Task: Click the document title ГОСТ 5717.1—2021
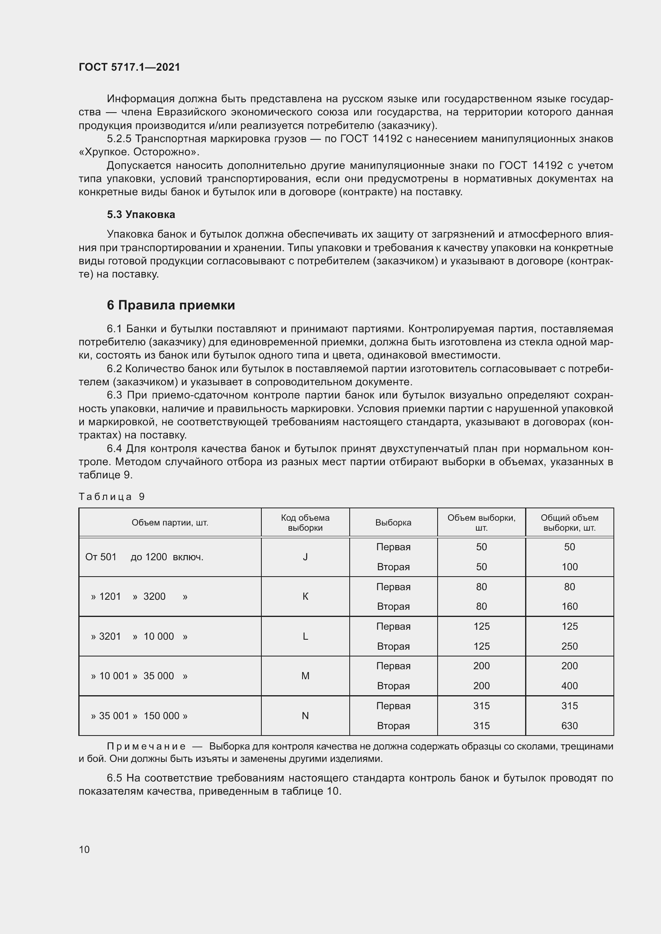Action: tap(129, 67)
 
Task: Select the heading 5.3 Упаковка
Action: tap(141, 214)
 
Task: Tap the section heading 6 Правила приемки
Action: tap(171, 305)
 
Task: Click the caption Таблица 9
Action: tap(111, 496)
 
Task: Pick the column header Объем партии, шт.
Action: tap(170, 523)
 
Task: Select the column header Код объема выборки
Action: tap(305, 523)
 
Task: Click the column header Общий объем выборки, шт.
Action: tap(569, 523)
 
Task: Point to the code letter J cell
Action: tap(305, 557)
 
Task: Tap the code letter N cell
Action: tap(305, 716)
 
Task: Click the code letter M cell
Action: tap(305, 676)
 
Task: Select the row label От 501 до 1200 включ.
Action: tap(144, 557)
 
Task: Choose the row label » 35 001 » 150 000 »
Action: tap(139, 716)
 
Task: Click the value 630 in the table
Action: tap(569, 726)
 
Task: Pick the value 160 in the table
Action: tap(569, 607)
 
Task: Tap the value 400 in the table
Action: tap(569, 686)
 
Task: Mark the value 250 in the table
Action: tap(569, 646)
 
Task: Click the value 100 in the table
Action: tap(569, 567)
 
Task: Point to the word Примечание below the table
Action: tap(146, 746)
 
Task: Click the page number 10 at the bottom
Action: tap(84, 849)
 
